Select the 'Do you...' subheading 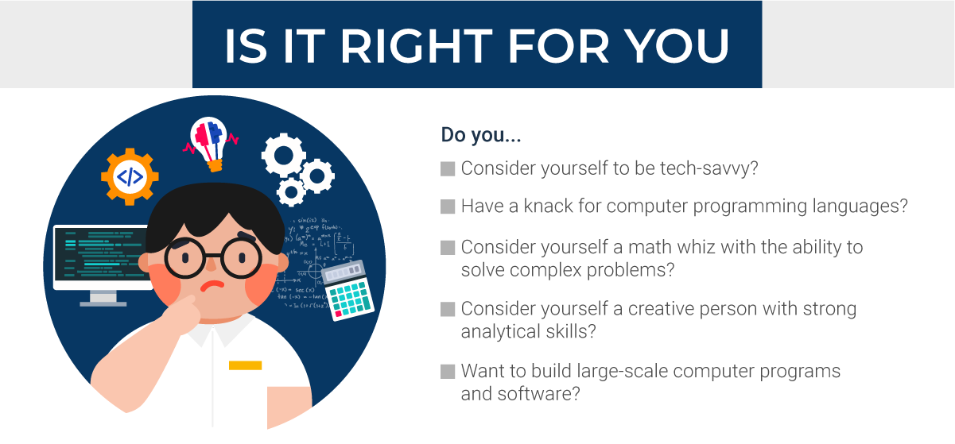coord(481,135)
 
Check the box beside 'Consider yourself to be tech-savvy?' coord(448,169)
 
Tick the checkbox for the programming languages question coord(448,207)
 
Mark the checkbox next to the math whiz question coord(448,248)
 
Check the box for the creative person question coord(448,308)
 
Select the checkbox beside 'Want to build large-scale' coord(448,371)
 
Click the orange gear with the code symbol coord(130,176)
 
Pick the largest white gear coord(283,156)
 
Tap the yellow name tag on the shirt coord(245,365)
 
